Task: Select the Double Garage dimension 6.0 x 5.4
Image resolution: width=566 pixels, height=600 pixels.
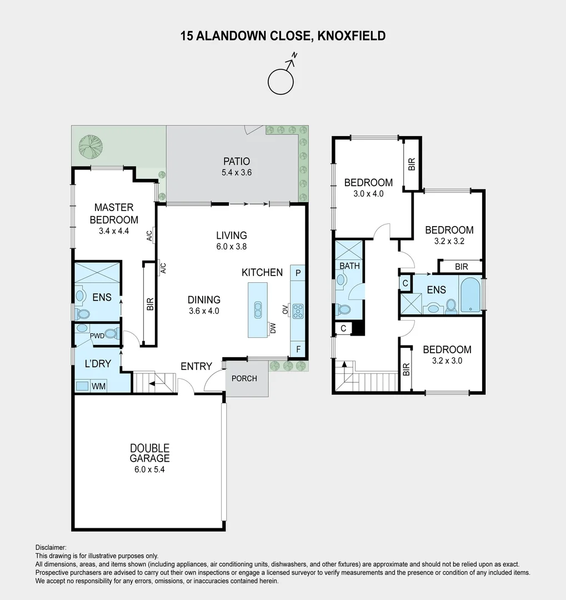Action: [149, 469]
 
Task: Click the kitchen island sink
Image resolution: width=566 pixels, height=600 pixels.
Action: [258, 309]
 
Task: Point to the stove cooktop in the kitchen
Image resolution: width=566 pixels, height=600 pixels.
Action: [298, 310]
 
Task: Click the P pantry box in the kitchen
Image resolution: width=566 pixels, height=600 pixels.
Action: [298, 273]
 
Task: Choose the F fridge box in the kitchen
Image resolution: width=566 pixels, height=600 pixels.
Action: [298, 349]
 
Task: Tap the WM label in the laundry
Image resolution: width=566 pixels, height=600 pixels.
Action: [98, 386]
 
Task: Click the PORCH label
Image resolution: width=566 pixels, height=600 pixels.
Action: [244, 378]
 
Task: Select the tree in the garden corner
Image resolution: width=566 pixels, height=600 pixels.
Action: [91, 146]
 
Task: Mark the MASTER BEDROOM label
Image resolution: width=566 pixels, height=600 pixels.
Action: [113, 213]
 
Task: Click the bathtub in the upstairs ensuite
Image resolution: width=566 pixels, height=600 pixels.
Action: [470, 295]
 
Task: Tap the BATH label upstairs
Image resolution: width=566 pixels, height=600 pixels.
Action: [349, 266]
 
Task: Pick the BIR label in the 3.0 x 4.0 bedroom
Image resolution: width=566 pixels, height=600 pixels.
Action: [412, 164]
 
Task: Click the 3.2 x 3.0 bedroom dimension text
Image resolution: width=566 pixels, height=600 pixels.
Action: [447, 360]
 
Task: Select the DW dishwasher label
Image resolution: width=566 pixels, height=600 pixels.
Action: [273, 329]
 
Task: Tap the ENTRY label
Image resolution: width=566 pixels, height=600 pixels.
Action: [196, 366]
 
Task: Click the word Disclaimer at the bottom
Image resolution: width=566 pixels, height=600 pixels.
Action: [51, 547]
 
